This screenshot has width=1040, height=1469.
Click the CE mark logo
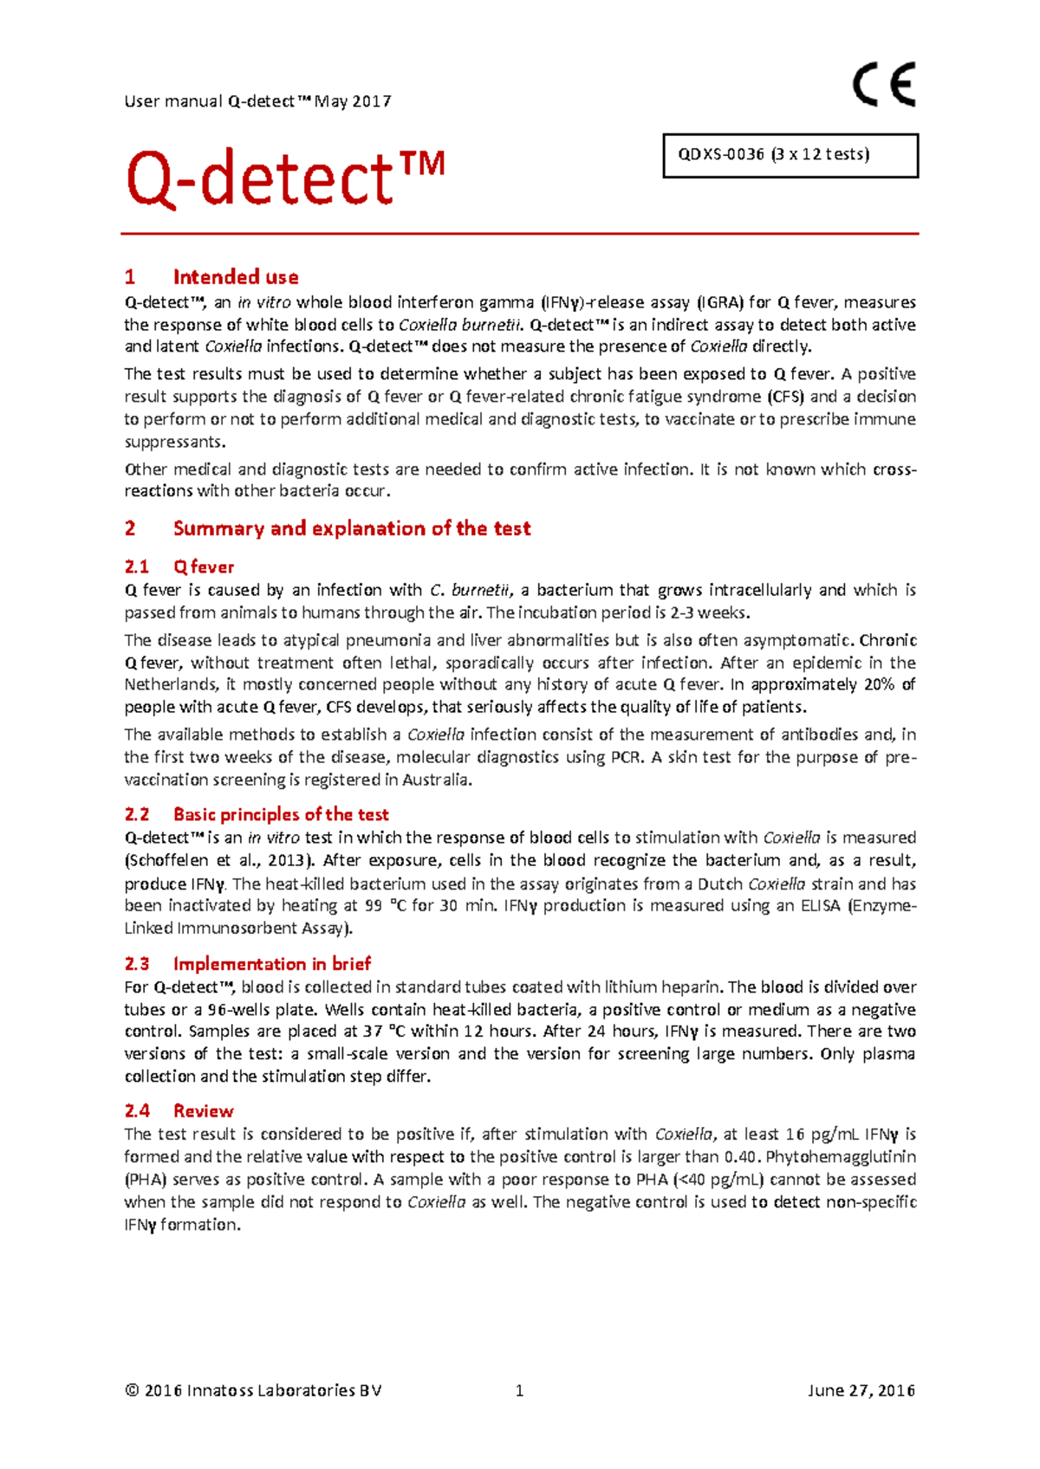pos(883,86)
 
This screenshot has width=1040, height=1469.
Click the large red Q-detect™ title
pos(285,178)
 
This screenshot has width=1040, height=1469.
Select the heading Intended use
pos(235,277)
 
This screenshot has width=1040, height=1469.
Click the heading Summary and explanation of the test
pos(351,528)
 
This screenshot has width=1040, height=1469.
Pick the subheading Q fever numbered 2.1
pos(203,567)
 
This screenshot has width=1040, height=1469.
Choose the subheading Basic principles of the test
pos(280,814)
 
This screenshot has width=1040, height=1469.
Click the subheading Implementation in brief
pos(271,964)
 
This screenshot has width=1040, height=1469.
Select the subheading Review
pos(203,1111)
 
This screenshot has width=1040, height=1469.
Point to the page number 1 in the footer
pos(519,1391)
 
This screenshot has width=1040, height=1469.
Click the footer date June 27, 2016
pos(861,1391)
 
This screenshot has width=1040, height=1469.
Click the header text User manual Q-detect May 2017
pos(257,101)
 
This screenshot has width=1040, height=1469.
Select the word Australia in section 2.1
pos(437,780)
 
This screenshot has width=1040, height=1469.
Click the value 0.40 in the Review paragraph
pos(740,1157)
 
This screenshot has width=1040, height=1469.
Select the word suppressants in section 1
pos(173,442)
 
